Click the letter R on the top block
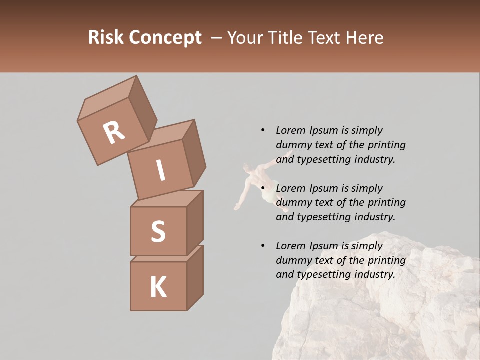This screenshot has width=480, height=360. coord(114,133)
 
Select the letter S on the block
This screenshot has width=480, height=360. coord(158,231)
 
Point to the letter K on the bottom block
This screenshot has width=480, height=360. coord(158,287)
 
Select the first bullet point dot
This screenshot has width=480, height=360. coord(263,130)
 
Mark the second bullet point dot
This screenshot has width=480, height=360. coord(263,188)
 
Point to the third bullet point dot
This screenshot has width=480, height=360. coord(263,246)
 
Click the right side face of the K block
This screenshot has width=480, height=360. coord(195,277)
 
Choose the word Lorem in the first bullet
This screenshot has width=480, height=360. coord(290,130)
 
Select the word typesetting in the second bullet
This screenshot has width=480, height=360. coord(324,217)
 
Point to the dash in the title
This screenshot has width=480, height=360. coord(217,38)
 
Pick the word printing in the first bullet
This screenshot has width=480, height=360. coord(386,145)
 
